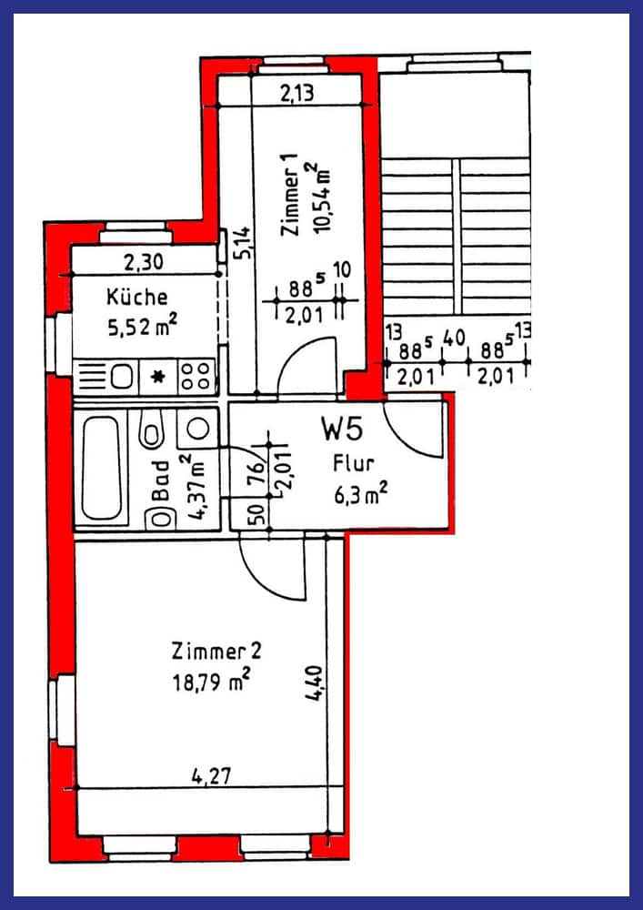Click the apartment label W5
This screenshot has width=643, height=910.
[x=342, y=430]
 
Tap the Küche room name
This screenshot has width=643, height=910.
[x=136, y=297]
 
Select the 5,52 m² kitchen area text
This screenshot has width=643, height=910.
[x=142, y=328]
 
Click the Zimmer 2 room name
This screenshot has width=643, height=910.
[x=216, y=652]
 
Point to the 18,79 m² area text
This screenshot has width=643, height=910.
[x=211, y=680]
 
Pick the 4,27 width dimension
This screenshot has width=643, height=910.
[x=210, y=776]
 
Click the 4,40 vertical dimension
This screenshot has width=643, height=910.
[x=314, y=683]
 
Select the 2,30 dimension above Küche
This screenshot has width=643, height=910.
[x=144, y=264]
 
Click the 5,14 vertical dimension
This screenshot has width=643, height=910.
[x=244, y=243]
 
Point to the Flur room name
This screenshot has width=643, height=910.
[x=353, y=464]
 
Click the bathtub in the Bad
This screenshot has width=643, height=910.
[x=101, y=469]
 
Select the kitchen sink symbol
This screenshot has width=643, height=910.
[x=122, y=377]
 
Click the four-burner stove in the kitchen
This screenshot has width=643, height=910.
[x=196, y=376]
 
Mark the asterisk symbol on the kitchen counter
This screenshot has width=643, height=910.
[x=157, y=377]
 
